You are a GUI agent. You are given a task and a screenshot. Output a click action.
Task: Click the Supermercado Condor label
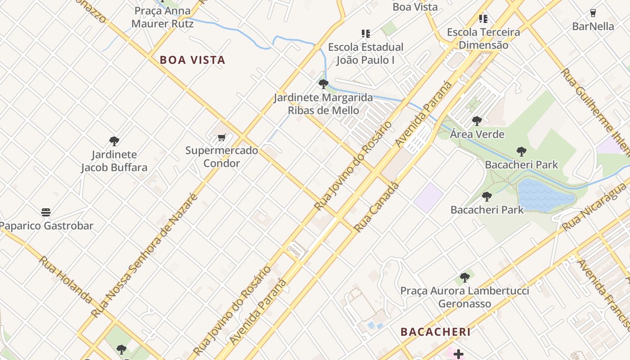(x=221, y=157)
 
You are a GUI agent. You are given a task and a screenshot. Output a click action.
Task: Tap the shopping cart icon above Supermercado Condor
(x=221, y=138)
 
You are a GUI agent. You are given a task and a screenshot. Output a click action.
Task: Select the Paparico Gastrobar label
(x=46, y=225)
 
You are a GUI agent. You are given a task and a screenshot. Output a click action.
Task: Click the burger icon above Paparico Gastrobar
(x=46, y=212)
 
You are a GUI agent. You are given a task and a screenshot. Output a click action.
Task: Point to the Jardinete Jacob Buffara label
(x=114, y=161)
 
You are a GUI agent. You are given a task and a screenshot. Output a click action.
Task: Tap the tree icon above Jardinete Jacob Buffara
(x=114, y=141)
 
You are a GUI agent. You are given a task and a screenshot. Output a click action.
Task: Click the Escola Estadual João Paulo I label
(x=365, y=53)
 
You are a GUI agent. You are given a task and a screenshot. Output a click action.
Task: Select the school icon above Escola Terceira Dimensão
(x=483, y=19)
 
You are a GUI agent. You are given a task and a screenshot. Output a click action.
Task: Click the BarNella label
(x=593, y=26)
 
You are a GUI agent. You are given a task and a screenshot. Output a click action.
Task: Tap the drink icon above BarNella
(x=593, y=13)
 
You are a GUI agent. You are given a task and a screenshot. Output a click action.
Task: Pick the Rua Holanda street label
(x=65, y=279)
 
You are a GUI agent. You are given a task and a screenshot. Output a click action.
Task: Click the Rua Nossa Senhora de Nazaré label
(x=145, y=256)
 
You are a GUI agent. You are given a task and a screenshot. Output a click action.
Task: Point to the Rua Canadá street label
(x=376, y=207)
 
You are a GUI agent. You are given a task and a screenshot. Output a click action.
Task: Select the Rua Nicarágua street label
(x=595, y=207)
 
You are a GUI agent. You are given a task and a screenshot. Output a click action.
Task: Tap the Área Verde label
(x=477, y=134)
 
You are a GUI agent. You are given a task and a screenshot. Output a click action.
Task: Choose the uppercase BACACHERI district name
(x=435, y=332)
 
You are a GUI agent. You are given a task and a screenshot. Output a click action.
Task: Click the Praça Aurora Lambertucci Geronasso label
(x=465, y=297)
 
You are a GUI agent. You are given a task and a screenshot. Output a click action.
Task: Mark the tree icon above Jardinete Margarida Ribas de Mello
(x=323, y=84)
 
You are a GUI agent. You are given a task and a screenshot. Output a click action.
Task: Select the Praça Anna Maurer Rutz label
(x=162, y=17)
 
